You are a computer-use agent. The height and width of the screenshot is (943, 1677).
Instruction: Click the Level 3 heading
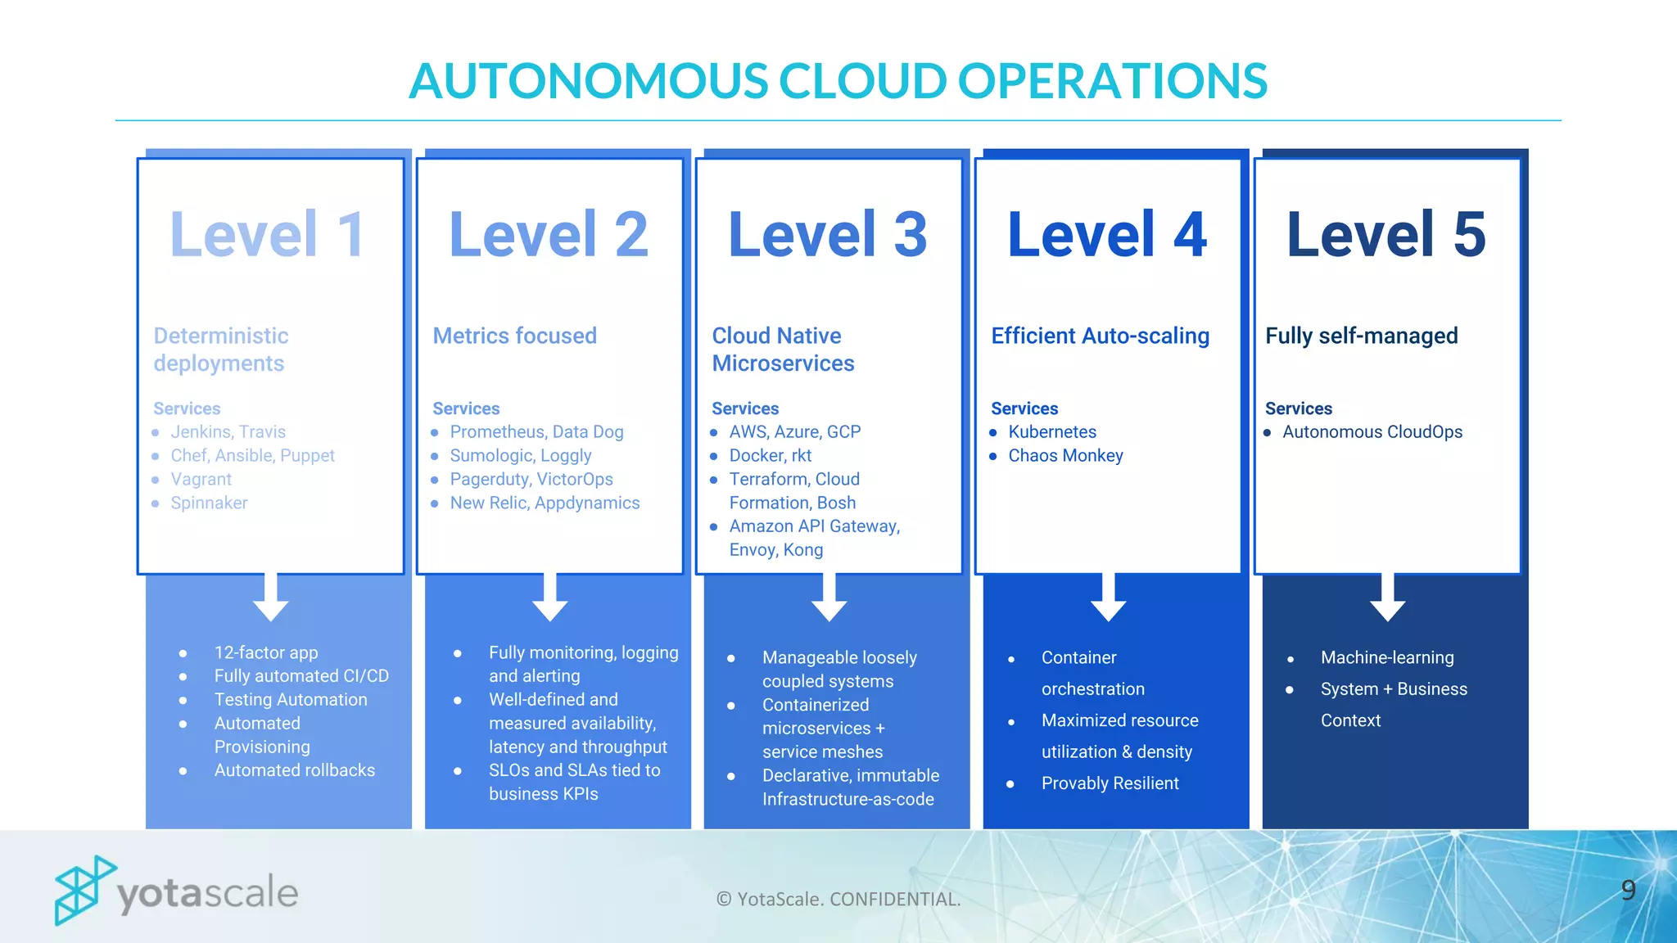[827, 235]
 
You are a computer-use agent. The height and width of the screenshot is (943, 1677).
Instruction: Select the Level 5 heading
[1385, 235]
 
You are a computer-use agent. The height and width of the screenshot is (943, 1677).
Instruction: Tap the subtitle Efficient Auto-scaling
[1100, 336]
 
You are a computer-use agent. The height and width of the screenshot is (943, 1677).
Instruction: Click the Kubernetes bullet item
[1051, 431]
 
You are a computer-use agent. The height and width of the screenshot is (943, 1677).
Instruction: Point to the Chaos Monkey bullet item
[1065, 455]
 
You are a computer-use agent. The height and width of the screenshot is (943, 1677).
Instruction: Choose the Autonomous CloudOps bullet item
[1372, 431]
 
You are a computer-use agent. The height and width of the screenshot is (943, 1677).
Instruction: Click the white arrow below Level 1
[270, 598]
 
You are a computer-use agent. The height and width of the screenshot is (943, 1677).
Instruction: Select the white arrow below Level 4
[1108, 598]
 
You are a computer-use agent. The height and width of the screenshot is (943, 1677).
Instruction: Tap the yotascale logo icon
[83, 891]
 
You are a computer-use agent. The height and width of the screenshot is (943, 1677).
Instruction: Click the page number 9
[1628, 890]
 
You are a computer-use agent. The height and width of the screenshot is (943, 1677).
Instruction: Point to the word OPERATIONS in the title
[1111, 81]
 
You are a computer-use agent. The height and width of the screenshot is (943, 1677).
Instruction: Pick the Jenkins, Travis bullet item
[228, 431]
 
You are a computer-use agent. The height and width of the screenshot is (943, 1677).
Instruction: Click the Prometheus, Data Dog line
[536, 431]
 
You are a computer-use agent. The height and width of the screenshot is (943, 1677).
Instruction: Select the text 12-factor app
[265, 652]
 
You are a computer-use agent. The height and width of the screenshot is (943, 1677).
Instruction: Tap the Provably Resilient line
[1110, 783]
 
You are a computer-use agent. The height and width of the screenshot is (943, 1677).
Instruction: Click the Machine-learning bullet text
[1386, 657]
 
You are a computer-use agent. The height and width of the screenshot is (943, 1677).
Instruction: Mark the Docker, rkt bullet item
[770, 455]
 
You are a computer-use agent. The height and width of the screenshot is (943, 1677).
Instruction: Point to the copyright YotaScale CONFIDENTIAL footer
[838, 899]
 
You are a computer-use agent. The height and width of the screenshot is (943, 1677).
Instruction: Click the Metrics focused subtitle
[514, 336]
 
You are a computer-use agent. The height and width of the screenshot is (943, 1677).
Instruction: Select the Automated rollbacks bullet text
[294, 770]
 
